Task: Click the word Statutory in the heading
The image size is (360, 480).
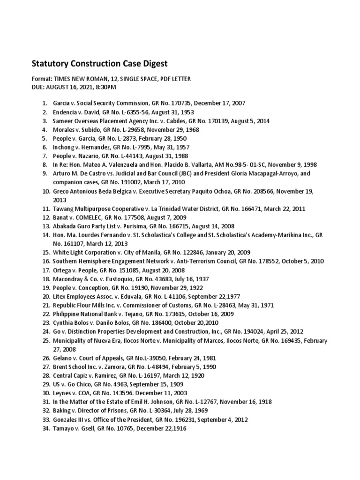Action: [x=50, y=63]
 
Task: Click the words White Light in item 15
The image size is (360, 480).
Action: [x=67, y=252]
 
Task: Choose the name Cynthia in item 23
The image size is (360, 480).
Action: [x=63, y=322]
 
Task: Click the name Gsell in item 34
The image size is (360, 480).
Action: [x=87, y=428]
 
